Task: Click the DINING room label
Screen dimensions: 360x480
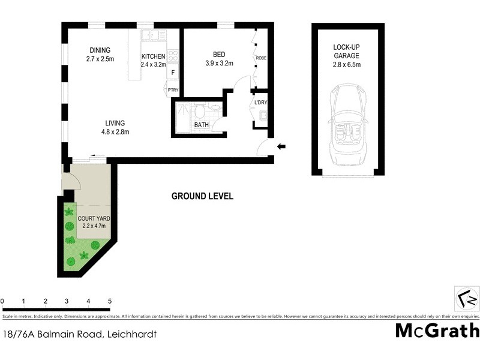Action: (99, 50)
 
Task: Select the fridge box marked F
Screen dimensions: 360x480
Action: (173, 73)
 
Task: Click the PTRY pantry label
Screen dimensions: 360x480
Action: (173, 91)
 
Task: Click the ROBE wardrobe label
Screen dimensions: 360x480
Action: (261, 58)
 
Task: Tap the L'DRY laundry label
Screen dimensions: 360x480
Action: (260, 103)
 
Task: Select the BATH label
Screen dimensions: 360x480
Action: (201, 125)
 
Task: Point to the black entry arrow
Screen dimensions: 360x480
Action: (281, 146)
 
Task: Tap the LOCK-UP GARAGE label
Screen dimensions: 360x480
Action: (348, 52)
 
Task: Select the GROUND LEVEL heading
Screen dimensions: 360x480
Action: (202, 196)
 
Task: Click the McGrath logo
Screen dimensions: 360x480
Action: (437, 331)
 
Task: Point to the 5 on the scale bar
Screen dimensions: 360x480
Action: (110, 301)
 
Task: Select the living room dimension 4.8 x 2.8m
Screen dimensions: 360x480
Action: (114, 132)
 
